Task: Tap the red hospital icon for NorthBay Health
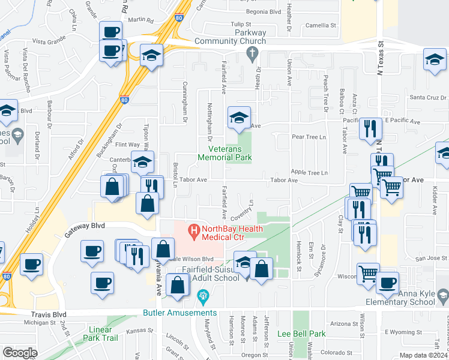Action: click(x=193, y=229)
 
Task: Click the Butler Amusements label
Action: click(x=179, y=313)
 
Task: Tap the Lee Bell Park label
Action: click(x=301, y=334)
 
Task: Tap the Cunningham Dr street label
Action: click(x=185, y=101)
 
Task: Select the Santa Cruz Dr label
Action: click(x=428, y=97)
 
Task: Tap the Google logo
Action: click(x=20, y=353)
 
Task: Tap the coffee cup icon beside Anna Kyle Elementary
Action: click(x=387, y=283)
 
